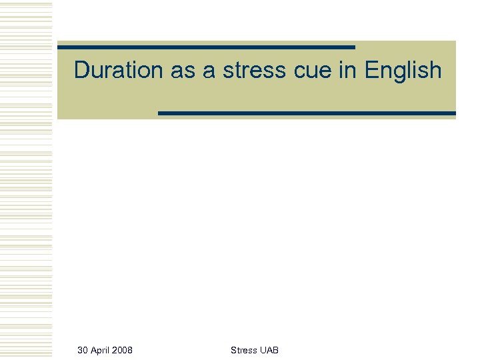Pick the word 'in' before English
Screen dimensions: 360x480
(x=348, y=70)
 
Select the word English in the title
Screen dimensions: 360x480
(x=403, y=70)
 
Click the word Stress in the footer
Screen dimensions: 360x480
(x=243, y=350)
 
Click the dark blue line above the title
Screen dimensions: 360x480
(x=206, y=47)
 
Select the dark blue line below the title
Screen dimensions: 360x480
(x=307, y=113)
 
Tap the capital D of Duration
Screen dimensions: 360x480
(x=81, y=70)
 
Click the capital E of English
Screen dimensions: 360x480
(x=371, y=70)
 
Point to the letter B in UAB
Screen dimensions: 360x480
(x=275, y=350)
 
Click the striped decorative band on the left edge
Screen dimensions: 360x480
(x=26, y=180)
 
